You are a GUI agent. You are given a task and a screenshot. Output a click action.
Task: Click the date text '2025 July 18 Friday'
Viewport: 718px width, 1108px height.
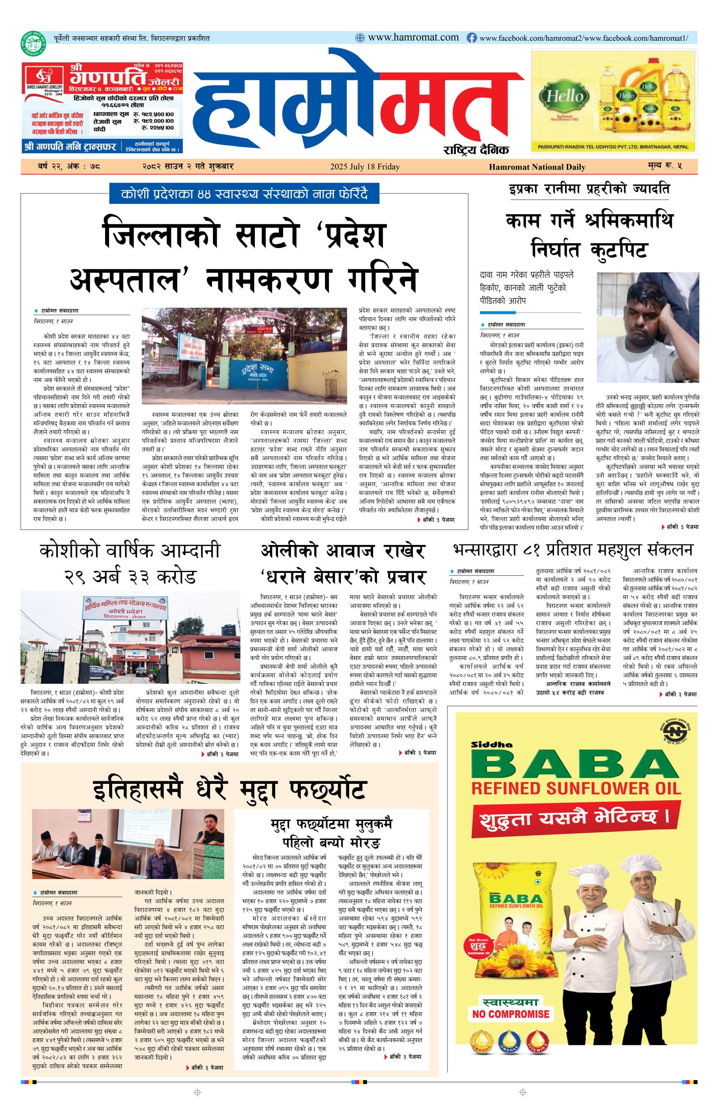point(364,167)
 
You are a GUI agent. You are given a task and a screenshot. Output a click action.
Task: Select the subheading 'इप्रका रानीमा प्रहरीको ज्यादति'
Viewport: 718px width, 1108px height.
point(589,190)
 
